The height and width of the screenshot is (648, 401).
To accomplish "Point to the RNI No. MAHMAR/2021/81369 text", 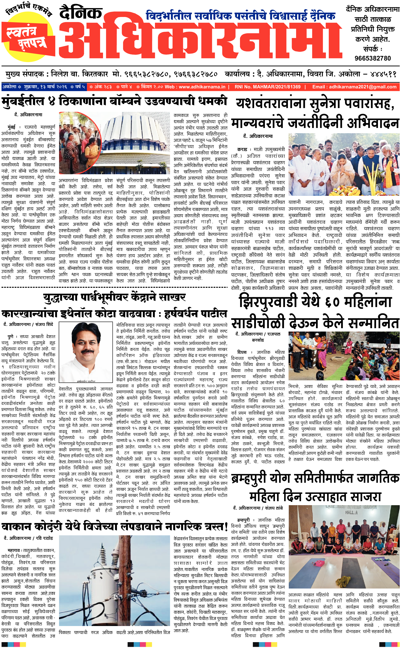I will (267, 87).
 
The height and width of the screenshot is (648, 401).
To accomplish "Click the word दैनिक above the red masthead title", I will (81, 13).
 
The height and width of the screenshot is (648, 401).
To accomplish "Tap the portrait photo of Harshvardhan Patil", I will (86, 351).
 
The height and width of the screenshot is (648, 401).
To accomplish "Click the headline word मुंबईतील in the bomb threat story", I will (23, 102).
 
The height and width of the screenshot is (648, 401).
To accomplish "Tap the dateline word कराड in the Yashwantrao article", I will (242, 150).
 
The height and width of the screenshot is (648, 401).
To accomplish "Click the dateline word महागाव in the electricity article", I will (15, 550).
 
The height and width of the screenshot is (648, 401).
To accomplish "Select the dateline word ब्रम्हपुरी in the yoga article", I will (243, 520).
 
